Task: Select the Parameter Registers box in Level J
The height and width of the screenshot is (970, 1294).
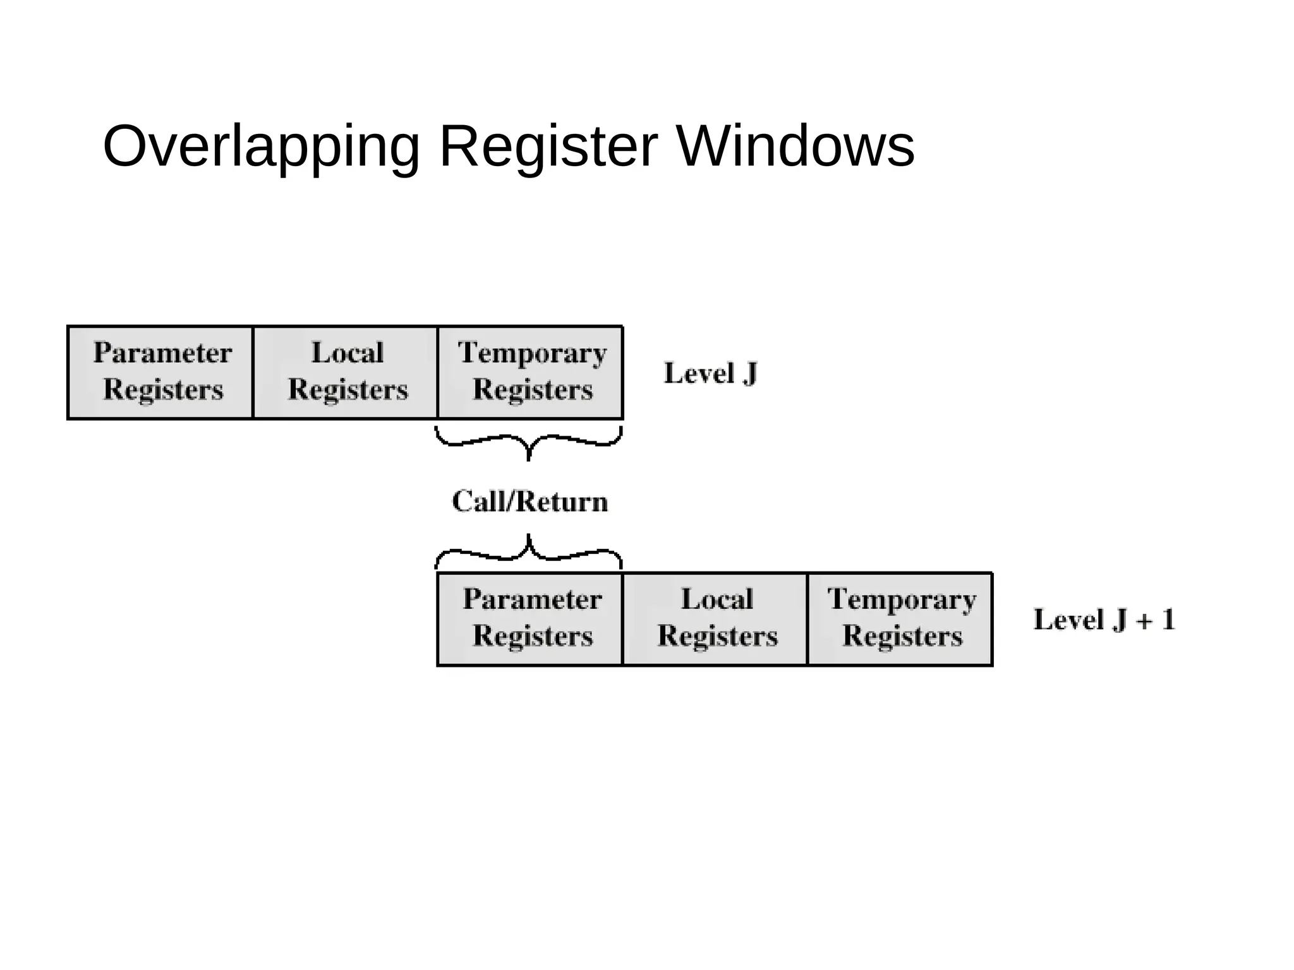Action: click(160, 372)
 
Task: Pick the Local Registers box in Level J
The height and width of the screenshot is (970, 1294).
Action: click(346, 372)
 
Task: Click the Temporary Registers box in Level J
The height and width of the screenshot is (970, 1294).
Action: click(531, 372)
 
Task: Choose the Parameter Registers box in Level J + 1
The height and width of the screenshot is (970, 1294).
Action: click(530, 619)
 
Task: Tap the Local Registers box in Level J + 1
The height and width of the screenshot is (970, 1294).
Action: click(715, 619)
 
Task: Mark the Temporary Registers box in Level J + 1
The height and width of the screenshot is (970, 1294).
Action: click(900, 619)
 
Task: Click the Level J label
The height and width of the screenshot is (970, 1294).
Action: click(710, 373)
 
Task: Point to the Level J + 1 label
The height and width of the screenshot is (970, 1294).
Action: click(1103, 620)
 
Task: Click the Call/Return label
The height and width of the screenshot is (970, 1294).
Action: click(529, 501)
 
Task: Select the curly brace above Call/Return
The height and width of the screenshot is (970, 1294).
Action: click(529, 443)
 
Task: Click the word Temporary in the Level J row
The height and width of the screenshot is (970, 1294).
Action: click(532, 353)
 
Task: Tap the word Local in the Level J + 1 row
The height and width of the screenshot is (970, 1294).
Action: click(717, 599)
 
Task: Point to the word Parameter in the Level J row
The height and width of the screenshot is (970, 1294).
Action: click(162, 352)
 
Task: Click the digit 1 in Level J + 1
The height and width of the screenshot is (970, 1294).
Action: click(1168, 620)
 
